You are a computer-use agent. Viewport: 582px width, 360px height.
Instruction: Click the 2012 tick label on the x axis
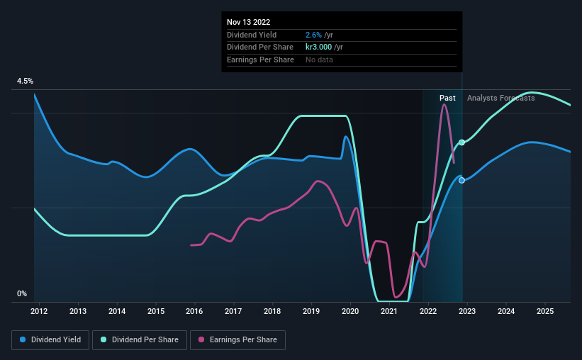(39, 311)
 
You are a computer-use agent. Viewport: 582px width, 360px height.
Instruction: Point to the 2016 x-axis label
(194, 311)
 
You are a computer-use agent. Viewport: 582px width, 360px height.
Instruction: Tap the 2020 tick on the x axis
(350, 311)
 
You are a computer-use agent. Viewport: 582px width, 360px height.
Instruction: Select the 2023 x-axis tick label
(467, 311)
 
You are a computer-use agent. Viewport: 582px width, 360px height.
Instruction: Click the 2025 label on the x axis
(545, 311)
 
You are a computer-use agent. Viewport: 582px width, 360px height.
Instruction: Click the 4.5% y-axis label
(26, 81)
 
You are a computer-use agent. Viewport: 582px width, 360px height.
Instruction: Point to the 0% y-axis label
(22, 293)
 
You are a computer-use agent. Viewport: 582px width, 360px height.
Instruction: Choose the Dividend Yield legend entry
(50, 340)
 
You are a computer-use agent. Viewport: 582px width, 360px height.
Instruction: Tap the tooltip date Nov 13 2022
(248, 22)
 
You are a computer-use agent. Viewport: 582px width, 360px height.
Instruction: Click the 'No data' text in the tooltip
(319, 60)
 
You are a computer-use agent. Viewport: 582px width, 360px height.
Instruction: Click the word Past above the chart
(447, 98)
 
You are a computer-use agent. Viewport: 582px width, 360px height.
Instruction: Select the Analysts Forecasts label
(500, 98)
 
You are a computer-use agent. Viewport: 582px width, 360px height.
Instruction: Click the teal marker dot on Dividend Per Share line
(462, 142)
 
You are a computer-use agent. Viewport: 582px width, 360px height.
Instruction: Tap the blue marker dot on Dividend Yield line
(462, 180)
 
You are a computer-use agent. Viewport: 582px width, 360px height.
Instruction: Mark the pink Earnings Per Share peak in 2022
(444, 105)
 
